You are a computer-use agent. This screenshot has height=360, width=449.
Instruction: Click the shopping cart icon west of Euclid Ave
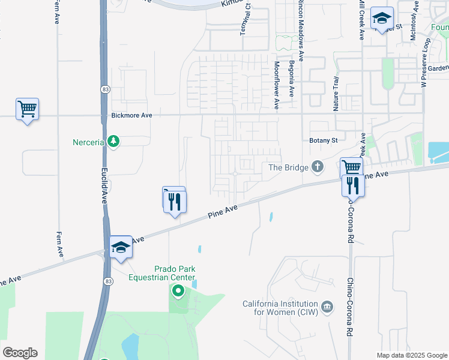(x=27, y=109)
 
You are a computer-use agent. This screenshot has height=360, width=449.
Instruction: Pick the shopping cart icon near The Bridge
(x=351, y=167)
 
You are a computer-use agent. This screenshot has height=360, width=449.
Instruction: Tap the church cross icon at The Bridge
(x=318, y=167)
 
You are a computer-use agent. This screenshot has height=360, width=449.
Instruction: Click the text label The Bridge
(x=288, y=167)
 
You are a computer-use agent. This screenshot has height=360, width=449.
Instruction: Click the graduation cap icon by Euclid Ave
(x=121, y=247)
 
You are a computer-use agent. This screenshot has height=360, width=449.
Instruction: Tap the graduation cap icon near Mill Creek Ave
(x=381, y=18)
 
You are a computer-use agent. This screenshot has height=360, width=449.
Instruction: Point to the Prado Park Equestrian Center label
(x=162, y=274)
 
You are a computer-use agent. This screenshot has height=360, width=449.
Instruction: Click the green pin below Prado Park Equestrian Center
(x=178, y=292)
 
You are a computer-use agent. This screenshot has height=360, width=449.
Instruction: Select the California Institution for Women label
(x=280, y=307)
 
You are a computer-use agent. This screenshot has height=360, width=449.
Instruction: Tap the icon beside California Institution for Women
(x=327, y=307)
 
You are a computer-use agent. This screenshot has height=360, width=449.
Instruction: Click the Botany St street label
(x=324, y=140)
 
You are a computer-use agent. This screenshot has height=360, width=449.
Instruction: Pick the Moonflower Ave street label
(x=277, y=85)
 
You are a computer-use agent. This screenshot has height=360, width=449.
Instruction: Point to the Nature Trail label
(x=336, y=94)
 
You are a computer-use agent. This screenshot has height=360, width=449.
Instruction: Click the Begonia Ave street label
(x=292, y=79)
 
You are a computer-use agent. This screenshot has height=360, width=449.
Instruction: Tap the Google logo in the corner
(x=20, y=353)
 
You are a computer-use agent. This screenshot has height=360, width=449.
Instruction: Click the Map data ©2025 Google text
(x=411, y=355)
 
